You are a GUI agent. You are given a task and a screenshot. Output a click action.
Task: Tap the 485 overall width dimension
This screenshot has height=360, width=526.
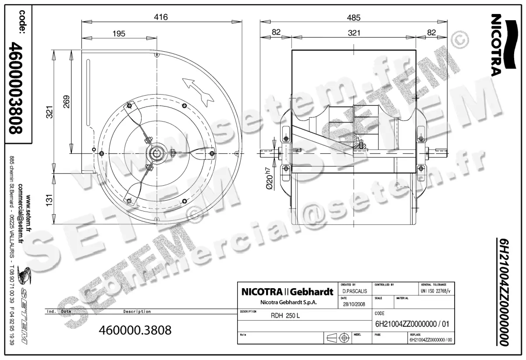354,18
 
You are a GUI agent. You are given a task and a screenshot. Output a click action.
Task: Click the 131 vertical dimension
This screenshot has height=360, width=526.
49,200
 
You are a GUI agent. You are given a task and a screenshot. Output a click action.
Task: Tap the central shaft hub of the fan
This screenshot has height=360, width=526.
157,153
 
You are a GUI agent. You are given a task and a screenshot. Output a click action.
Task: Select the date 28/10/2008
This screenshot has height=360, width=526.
353,305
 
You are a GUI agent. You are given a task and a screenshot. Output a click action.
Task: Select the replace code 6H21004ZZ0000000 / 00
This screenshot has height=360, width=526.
430,339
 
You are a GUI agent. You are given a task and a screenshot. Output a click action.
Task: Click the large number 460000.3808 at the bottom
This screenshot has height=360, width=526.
135,330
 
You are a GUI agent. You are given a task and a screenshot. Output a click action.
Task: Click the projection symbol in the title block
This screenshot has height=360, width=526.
338,338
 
